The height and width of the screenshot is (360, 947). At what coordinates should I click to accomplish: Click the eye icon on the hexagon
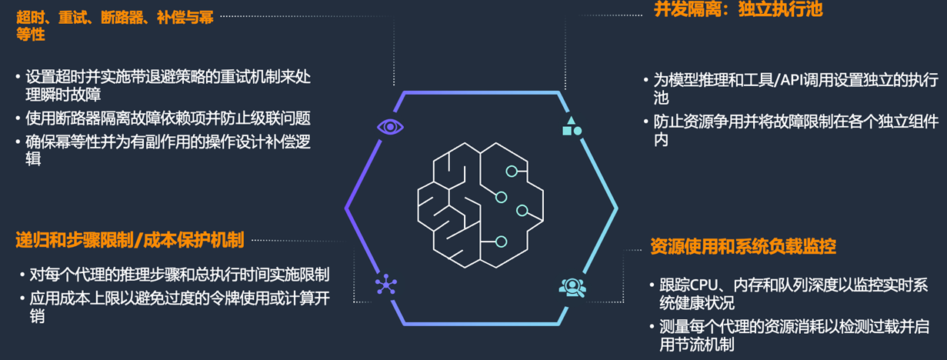coord(390,126)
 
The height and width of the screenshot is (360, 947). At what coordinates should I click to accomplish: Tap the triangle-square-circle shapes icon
coord(572,126)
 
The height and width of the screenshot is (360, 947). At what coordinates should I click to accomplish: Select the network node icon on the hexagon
coord(385,285)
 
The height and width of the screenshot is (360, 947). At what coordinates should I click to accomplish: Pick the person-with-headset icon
coord(572,287)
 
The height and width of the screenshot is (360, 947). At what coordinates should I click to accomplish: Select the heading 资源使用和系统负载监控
coord(743,246)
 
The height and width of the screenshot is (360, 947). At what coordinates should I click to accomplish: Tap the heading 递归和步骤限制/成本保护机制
coord(130,240)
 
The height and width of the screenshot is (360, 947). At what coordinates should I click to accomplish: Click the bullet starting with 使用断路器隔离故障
coord(167,118)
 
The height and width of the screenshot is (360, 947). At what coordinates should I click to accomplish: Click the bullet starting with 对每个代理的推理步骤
coord(177,275)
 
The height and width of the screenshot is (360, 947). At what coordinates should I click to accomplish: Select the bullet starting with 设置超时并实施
coord(167,85)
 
